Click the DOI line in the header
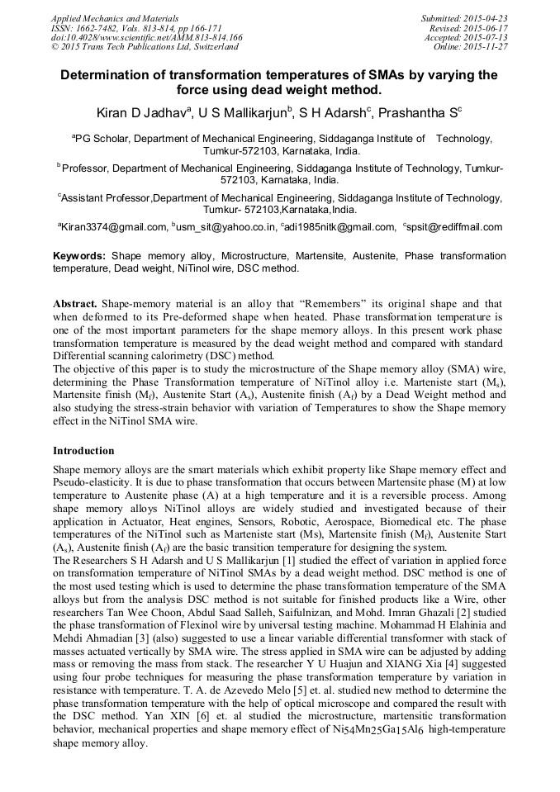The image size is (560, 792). [147, 37]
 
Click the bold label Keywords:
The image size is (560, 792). [80, 257]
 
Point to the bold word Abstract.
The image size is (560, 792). [75, 304]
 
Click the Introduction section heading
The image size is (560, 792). [83, 451]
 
